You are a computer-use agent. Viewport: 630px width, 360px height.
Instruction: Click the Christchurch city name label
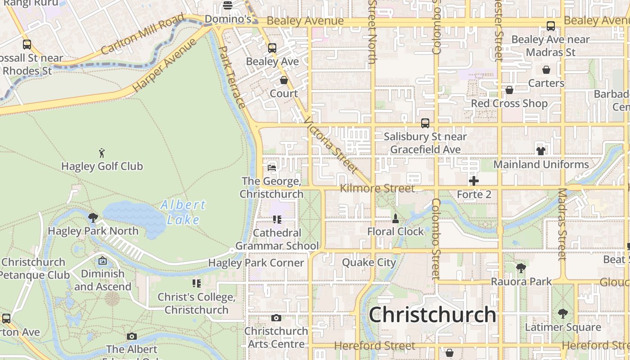(x=432, y=315)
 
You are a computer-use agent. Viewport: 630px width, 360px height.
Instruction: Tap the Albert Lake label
(x=183, y=212)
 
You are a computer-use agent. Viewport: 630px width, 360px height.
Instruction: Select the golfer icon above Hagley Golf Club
(x=102, y=153)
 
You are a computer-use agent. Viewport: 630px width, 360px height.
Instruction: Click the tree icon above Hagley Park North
(x=93, y=218)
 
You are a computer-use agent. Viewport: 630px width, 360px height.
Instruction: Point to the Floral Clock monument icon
(x=396, y=219)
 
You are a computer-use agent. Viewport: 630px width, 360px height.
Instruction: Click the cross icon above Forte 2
(x=474, y=181)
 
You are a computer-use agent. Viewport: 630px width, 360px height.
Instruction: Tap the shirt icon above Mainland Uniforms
(x=540, y=151)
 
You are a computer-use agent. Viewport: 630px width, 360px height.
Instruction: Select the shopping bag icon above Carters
(x=546, y=70)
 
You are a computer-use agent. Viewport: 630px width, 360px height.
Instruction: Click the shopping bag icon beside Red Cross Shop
(x=509, y=90)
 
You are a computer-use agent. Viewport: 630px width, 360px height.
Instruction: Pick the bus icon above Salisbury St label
(x=425, y=123)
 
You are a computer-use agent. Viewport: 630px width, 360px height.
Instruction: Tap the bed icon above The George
(x=271, y=167)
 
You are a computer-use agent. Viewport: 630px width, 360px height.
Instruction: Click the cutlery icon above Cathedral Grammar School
(x=277, y=220)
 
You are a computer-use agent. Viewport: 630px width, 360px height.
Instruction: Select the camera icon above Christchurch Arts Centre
(x=276, y=318)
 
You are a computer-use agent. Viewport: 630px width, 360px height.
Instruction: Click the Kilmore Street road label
(x=377, y=188)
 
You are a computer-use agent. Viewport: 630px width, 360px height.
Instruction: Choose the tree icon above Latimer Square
(x=562, y=314)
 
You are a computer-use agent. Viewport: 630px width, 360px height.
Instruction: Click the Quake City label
(x=369, y=262)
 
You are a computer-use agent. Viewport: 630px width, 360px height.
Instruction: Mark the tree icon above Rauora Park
(x=521, y=268)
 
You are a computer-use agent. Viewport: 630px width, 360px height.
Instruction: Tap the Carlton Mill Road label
(x=143, y=34)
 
